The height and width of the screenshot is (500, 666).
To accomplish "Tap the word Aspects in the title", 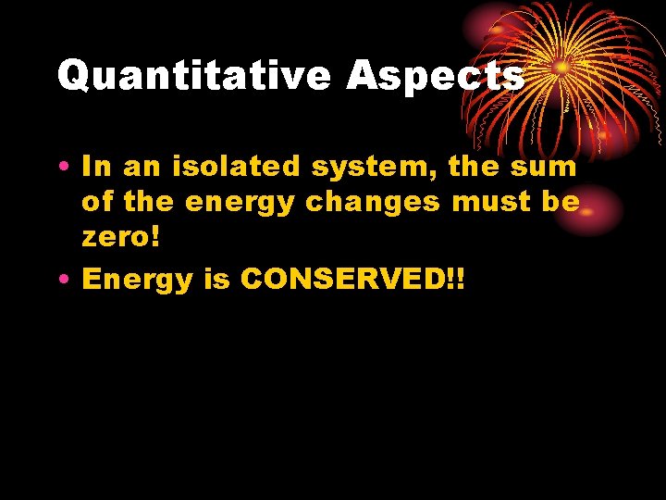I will click(x=436, y=76).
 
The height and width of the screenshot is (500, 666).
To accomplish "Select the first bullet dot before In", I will click(x=68, y=169).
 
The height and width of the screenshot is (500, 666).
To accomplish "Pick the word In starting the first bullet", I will click(x=97, y=168).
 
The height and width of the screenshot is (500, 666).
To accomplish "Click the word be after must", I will click(x=561, y=201).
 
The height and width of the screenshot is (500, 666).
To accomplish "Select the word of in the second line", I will click(x=96, y=201).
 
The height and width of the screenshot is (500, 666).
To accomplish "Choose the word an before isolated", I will click(x=141, y=169).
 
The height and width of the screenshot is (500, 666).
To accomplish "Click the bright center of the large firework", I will click(x=561, y=67).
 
